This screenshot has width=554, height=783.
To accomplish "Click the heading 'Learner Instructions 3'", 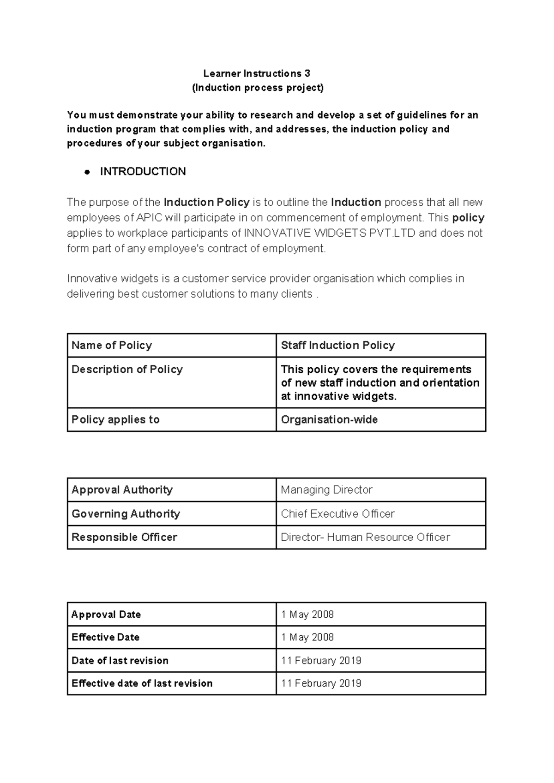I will (257, 73).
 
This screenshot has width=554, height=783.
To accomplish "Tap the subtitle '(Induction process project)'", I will (258, 88).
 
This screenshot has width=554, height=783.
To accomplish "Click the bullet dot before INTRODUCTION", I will (86, 172).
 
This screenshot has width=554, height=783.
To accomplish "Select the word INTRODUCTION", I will (143, 172).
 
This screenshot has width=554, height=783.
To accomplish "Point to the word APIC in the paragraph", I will (150, 218).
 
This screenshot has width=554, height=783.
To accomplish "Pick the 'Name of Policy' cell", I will (112, 345).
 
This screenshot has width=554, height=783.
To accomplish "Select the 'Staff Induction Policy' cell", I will (337, 345).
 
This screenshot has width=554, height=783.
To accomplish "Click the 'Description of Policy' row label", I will (127, 369).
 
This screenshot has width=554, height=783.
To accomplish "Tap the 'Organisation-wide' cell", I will (329, 419).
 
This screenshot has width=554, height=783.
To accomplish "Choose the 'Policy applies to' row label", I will (115, 419).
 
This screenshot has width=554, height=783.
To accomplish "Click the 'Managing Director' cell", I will (326, 490).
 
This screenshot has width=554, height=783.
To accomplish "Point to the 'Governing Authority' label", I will (126, 514).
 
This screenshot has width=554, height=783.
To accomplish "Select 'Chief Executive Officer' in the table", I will (337, 514).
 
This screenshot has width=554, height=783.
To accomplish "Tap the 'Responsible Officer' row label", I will (124, 537).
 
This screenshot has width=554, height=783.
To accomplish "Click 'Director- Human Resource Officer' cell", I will (365, 537).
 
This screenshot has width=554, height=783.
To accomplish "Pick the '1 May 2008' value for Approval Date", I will (307, 614).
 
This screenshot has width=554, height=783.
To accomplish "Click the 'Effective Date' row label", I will (105, 637).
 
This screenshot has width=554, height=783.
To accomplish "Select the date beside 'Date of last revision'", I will (321, 660).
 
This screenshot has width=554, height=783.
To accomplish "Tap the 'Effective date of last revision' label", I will (142, 683).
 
